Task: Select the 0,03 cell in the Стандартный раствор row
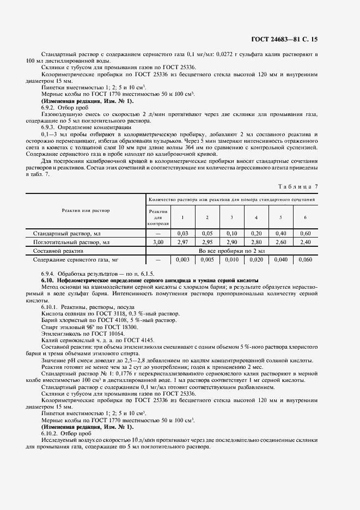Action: [182, 233]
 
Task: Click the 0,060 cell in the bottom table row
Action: [306, 260]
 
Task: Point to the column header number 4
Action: [257, 218]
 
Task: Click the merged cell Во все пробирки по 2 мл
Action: [231, 251]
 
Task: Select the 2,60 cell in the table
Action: [281, 242]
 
